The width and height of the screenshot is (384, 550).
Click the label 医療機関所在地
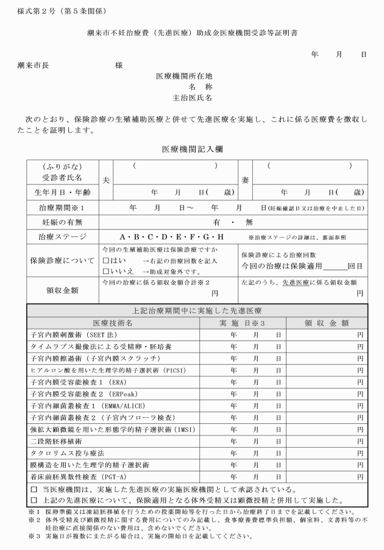(184, 76)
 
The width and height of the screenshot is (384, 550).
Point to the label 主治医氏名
(193, 97)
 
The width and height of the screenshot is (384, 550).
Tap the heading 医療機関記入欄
(192, 149)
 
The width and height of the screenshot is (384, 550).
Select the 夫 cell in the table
(105, 180)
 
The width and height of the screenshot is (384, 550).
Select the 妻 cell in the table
(244, 180)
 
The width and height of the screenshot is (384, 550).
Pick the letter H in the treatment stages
(221, 237)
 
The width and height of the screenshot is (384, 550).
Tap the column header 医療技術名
(113, 322)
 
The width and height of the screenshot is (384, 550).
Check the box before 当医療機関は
(34, 489)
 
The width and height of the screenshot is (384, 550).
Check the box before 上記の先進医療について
(34, 501)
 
